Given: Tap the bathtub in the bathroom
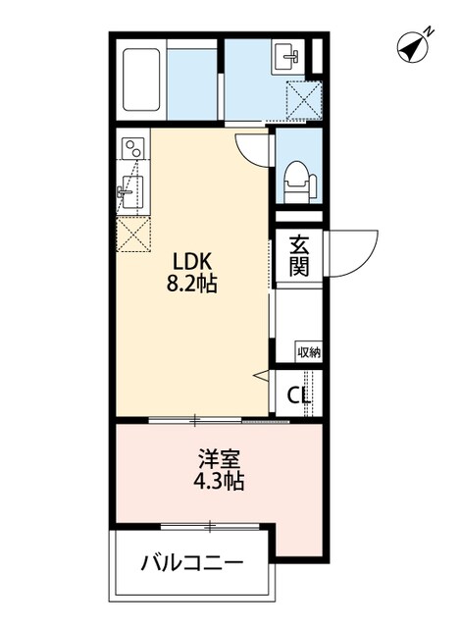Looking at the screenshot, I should (143, 78).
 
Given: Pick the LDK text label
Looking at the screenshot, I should (194, 262).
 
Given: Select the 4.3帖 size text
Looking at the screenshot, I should (219, 482).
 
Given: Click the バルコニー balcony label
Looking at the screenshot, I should (192, 563).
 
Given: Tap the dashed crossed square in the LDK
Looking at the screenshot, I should (131, 234).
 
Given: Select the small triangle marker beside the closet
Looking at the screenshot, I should (260, 374).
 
